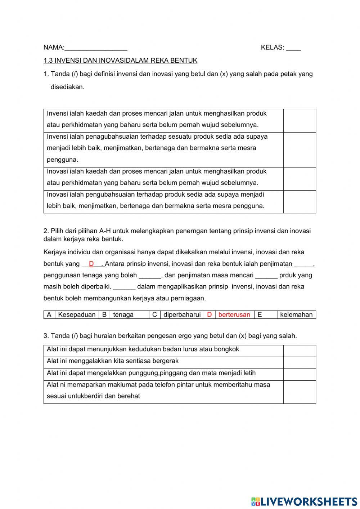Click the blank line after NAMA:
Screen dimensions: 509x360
(x=96, y=48)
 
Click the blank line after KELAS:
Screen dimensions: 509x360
(x=293, y=48)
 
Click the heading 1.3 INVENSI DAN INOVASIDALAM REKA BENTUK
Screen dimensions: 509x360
(x=120, y=61)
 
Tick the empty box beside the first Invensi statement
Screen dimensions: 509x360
(x=300, y=121)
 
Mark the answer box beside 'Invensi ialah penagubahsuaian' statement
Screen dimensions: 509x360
(x=300, y=150)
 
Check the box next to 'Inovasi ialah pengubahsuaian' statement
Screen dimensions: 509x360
(x=300, y=202)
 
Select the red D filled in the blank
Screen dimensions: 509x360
(x=91, y=264)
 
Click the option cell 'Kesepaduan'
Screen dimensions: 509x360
(x=77, y=314)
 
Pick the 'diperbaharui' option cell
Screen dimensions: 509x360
(x=182, y=314)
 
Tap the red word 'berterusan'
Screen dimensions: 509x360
(x=234, y=314)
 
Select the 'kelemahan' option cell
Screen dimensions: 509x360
(x=296, y=314)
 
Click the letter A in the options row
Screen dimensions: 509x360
(x=49, y=314)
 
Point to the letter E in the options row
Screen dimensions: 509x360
(x=260, y=314)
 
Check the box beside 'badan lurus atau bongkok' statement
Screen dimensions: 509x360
(x=300, y=351)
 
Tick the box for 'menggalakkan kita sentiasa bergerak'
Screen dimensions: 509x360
(x=300, y=362)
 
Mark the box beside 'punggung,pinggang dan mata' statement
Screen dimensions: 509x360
(x=300, y=374)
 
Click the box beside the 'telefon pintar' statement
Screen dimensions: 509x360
(x=300, y=392)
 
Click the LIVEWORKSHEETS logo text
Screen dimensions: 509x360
(x=309, y=501)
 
